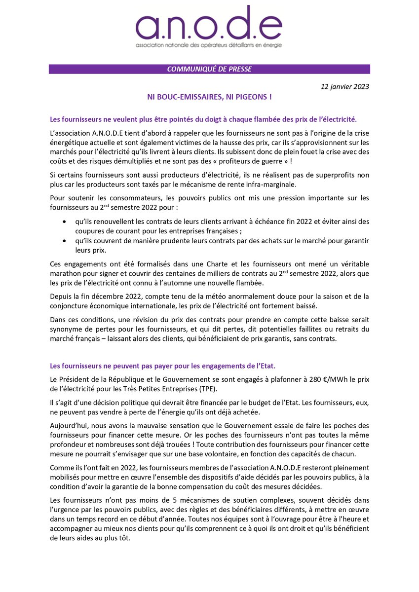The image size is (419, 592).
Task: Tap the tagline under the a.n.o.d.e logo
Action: [209, 45]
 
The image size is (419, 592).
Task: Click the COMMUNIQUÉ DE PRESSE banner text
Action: [209, 69]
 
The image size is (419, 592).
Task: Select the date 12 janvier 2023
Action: [344, 87]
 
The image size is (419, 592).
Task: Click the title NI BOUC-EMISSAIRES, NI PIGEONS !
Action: [209, 97]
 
